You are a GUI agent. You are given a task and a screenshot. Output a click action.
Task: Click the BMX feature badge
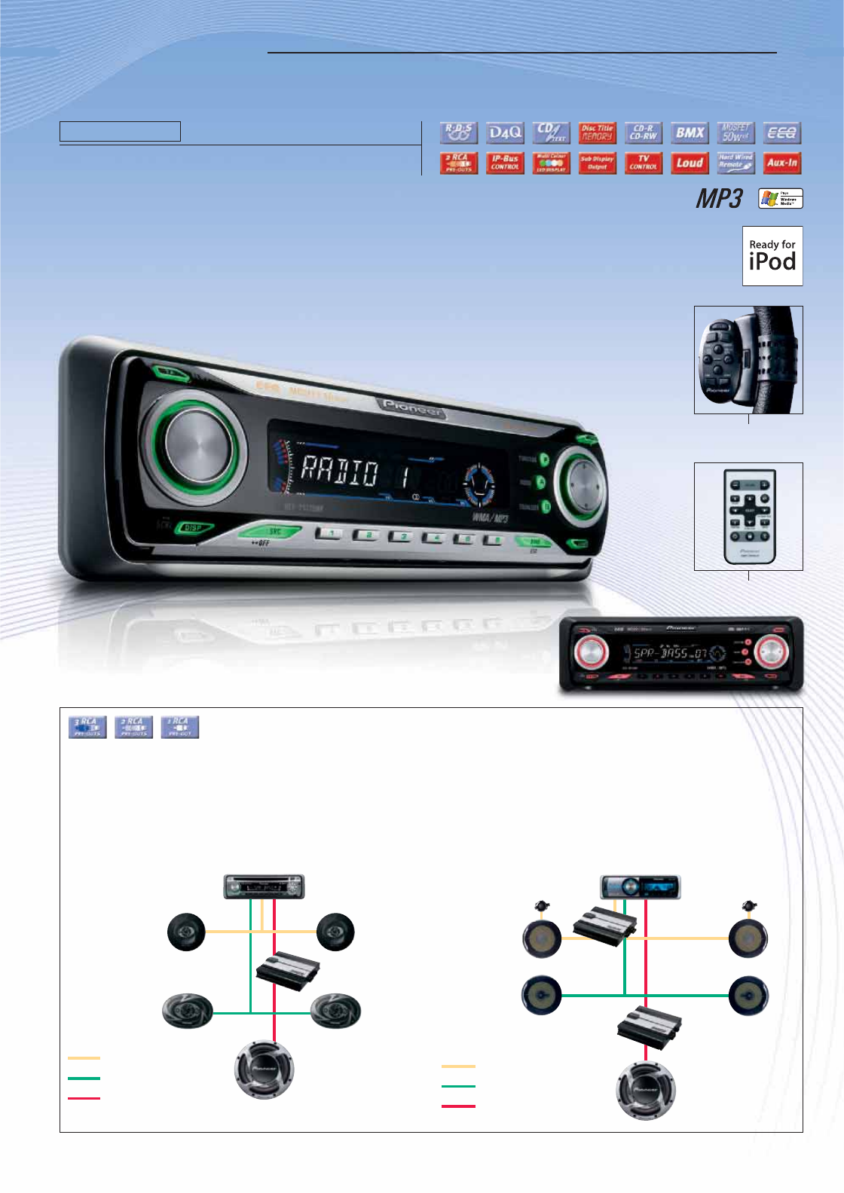690,133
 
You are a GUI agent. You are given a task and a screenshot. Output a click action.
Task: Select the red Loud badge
690,163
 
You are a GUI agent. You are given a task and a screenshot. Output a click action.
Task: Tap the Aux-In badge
781,163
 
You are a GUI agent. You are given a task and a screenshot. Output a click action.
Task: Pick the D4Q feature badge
505,133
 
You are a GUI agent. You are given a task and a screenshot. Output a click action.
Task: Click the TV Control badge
644,163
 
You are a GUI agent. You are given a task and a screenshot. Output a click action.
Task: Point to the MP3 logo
719,199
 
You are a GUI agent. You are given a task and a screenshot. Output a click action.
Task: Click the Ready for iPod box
772,256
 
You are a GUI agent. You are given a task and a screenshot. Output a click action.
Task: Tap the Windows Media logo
781,199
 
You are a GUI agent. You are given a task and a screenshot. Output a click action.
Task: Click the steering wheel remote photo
748,360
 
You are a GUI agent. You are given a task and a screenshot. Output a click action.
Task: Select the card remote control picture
748,517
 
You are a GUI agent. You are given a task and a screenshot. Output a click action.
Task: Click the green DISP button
194,528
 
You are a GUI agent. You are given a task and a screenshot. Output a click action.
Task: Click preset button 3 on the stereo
400,536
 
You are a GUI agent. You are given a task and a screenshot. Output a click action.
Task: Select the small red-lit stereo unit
681,654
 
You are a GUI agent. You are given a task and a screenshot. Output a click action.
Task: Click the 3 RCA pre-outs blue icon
87,727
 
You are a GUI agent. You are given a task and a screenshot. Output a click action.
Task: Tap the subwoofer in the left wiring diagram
264,1069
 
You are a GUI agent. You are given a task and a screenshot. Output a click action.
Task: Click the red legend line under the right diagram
458,1106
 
